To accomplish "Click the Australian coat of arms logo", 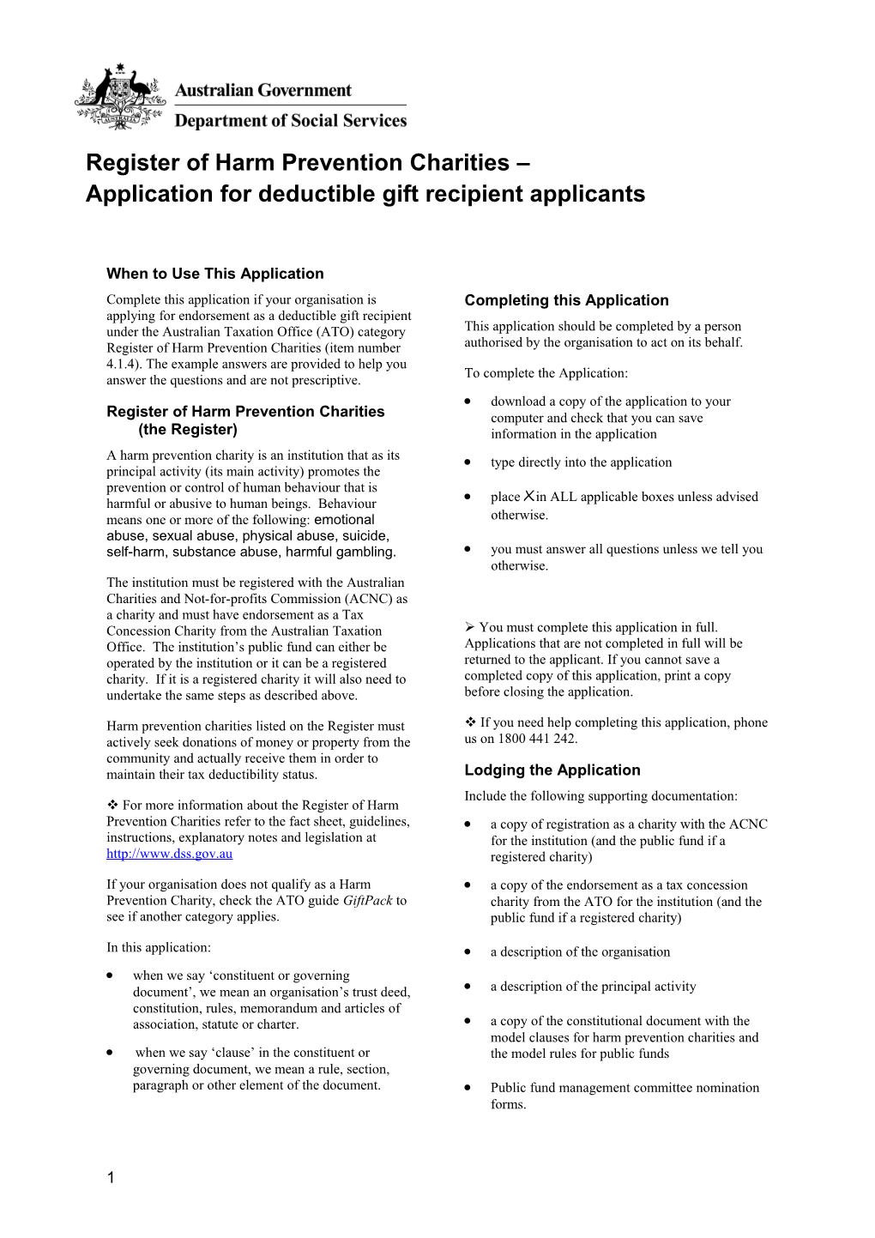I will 120,97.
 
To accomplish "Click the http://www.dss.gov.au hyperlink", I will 169,854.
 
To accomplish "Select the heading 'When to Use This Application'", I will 214,274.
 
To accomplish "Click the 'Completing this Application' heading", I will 566,300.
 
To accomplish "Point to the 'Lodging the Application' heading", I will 552,770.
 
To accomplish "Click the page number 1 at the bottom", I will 111,1177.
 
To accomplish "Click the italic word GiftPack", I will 367,901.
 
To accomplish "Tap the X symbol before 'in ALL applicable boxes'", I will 529,496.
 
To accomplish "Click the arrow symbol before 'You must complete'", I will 469,627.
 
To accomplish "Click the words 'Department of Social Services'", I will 290,121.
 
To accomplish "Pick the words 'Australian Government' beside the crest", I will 263,90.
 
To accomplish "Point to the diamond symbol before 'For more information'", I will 112,805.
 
